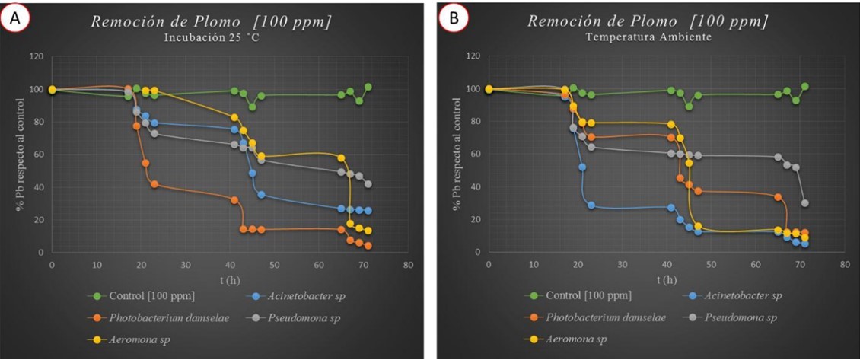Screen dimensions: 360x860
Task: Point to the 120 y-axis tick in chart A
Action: click(x=37, y=56)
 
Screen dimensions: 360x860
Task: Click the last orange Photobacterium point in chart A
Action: click(x=368, y=246)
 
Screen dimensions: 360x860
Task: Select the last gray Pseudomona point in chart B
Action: click(x=804, y=203)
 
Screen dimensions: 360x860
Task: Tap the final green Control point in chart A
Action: click(x=368, y=87)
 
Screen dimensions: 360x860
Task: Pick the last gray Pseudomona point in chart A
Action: click(x=368, y=184)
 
